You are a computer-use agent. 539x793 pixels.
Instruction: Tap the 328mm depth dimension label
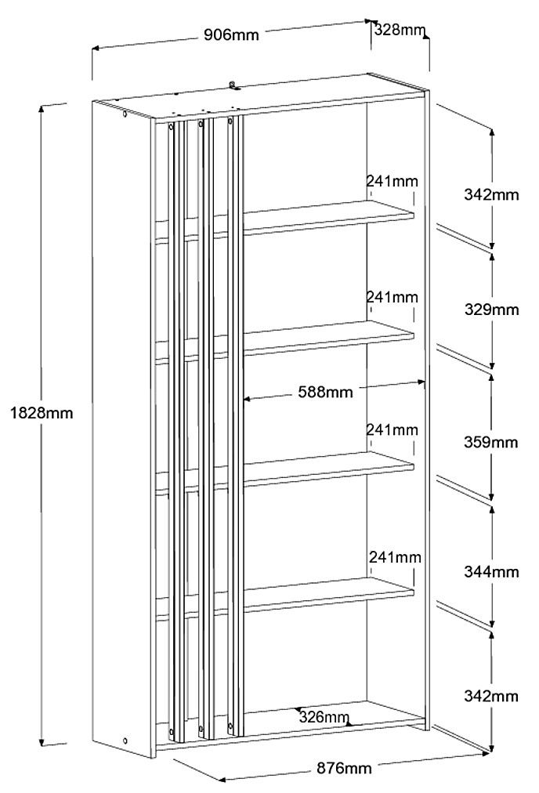pyautogui.click(x=400, y=30)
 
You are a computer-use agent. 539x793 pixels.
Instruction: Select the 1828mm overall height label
pyautogui.click(x=41, y=412)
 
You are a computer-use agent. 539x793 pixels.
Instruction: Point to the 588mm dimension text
pyautogui.click(x=325, y=391)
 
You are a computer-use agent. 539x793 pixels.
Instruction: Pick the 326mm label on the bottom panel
pyautogui.click(x=324, y=717)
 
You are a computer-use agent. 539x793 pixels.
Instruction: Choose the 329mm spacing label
pyautogui.click(x=490, y=309)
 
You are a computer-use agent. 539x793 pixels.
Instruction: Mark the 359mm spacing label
pyautogui.click(x=490, y=442)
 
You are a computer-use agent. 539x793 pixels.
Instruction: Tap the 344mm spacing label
pyautogui.click(x=490, y=572)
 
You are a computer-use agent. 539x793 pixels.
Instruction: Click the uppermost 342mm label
pyautogui.click(x=490, y=194)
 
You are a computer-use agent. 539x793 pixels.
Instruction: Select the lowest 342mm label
pyautogui.click(x=490, y=696)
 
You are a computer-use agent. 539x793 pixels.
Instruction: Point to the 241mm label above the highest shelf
pyautogui.click(x=392, y=181)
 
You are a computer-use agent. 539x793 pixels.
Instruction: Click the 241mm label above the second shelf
pyautogui.click(x=392, y=298)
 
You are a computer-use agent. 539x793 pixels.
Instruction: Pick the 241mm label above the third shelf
pyautogui.click(x=392, y=429)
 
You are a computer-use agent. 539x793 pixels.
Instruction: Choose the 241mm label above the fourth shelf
pyautogui.click(x=395, y=558)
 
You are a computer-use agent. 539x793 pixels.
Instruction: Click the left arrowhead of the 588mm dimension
pyautogui.click(x=247, y=399)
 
